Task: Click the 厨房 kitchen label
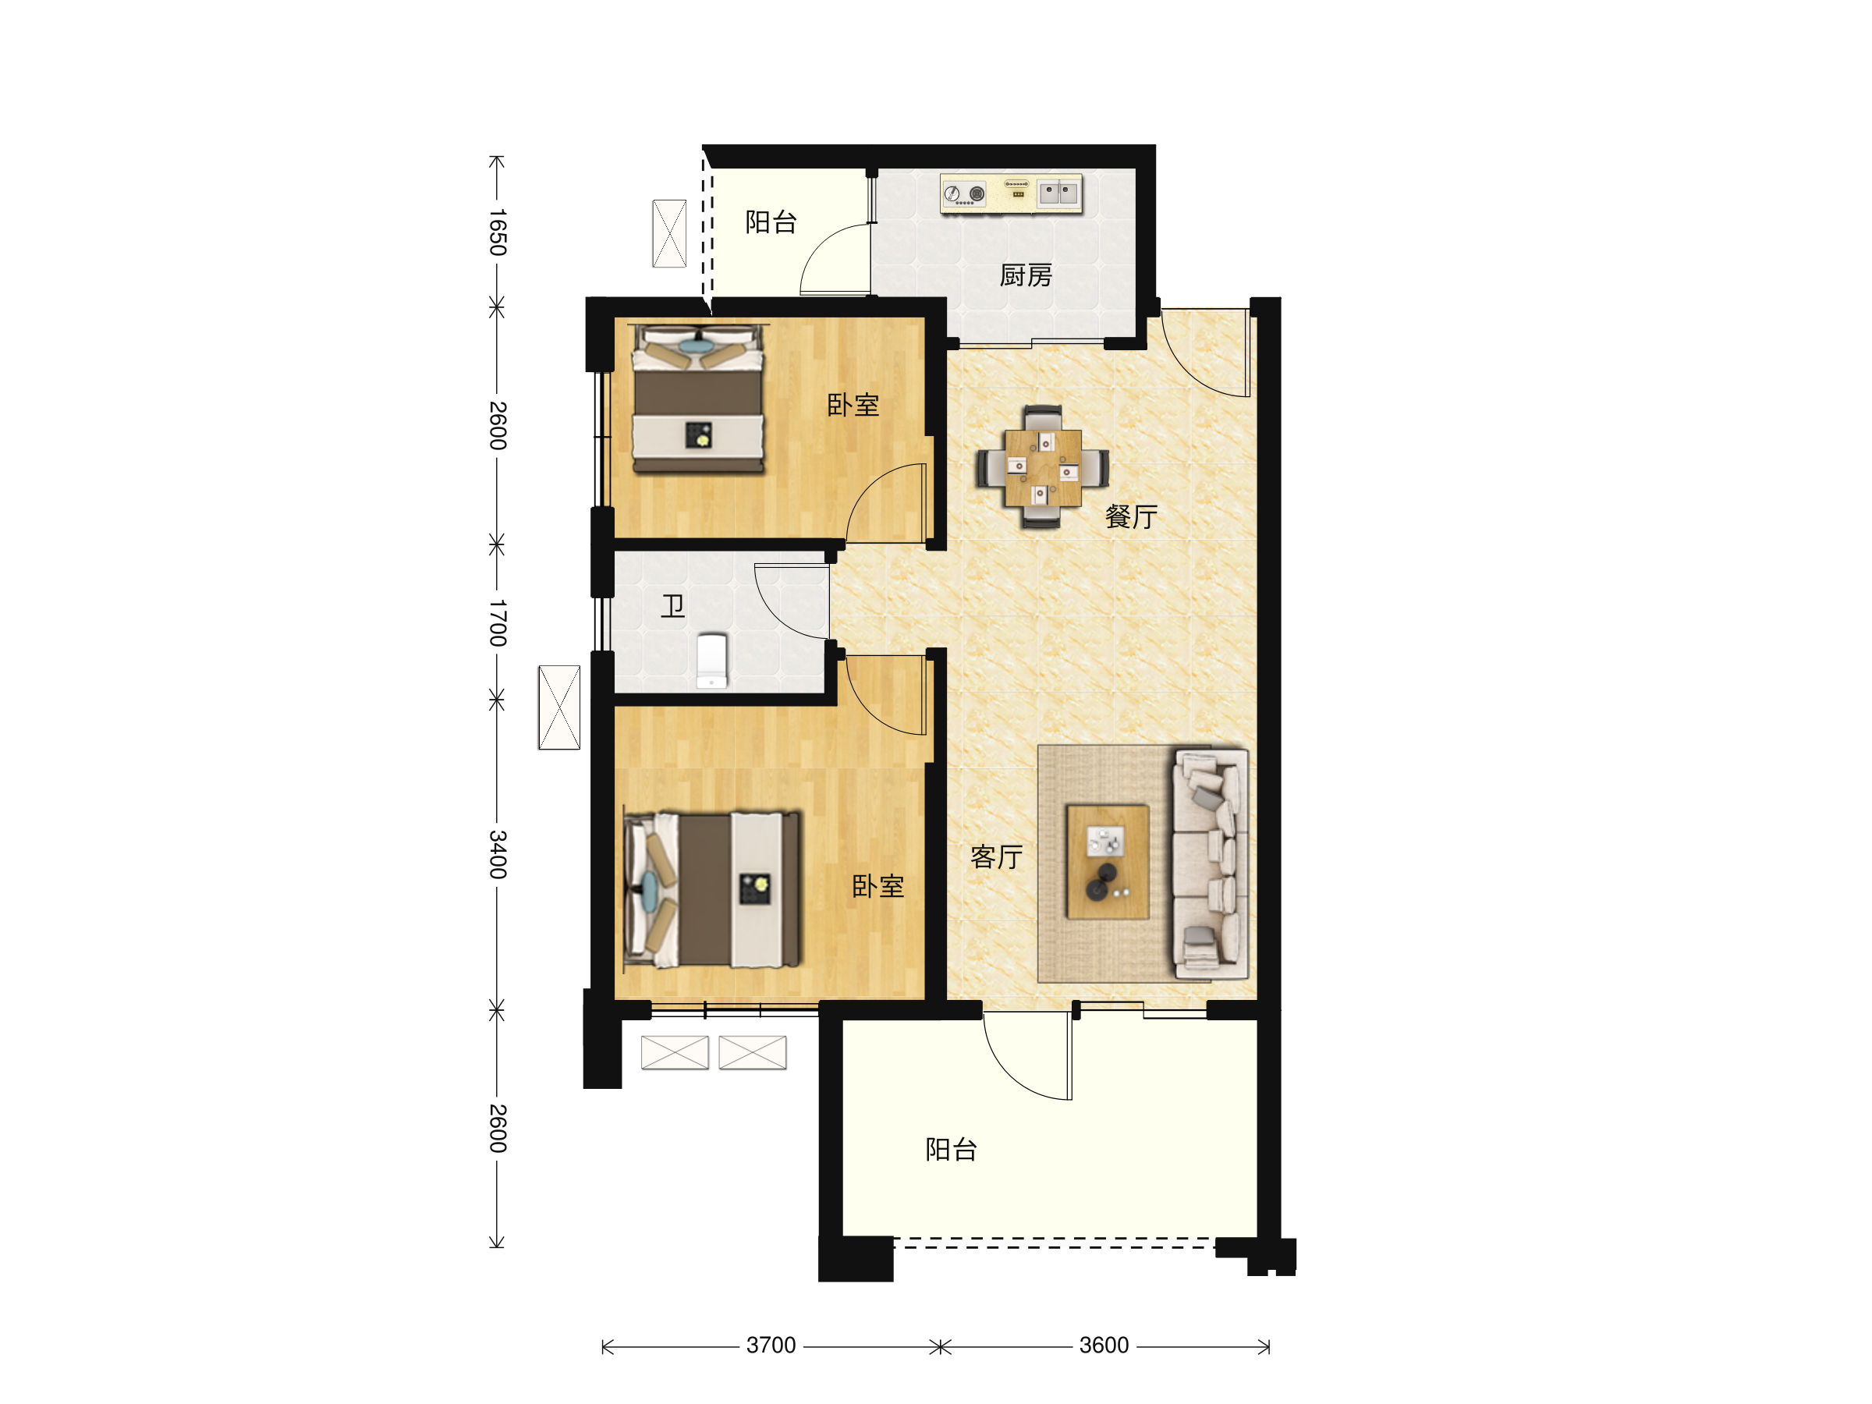tap(1025, 275)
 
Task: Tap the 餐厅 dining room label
tap(1131, 516)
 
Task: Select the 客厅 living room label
tap(996, 857)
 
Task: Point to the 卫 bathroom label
tap(673, 606)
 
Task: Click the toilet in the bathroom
tap(711, 661)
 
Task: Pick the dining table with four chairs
tap(1043, 467)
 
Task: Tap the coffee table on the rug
tap(1107, 862)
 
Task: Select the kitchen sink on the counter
tap(1058, 193)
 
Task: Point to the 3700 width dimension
tap(770, 1345)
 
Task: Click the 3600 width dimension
tap(1104, 1345)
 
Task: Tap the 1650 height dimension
tap(498, 232)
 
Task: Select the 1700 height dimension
tap(498, 623)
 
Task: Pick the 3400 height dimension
tap(498, 854)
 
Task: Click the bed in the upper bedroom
tap(699, 399)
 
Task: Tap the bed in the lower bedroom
tap(711, 889)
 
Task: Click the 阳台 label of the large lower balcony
tap(952, 1149)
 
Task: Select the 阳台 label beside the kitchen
tap(770, 222)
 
